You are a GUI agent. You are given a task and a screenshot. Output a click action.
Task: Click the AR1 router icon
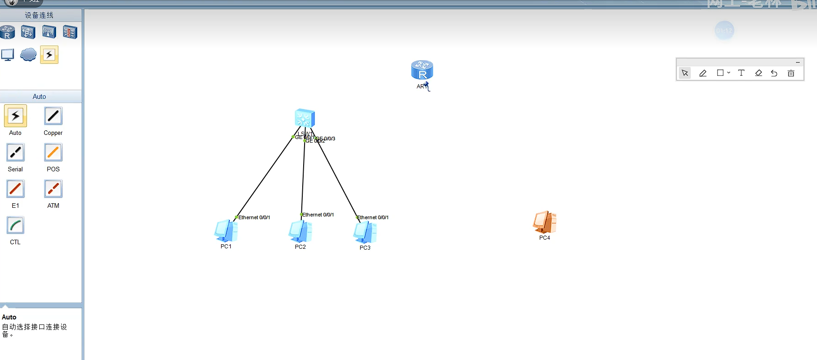pyautogui.click(x=422, y=70)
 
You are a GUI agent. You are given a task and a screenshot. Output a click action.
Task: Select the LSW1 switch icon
pyautogui.click(x=305, y=118)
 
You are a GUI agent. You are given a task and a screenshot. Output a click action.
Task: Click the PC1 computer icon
pyautogui.click(x=226, y=231)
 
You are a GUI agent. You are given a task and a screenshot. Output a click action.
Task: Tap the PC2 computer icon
pyautogui.click(x=300, y=231)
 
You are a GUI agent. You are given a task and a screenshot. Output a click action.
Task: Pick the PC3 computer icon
pyautogui.click(x=365, y=232)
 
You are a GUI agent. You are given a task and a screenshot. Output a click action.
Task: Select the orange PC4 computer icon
pyautogui.click(x=544, y=222)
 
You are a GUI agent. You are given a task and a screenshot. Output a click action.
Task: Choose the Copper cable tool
pyautogui.click(x=53, y=116)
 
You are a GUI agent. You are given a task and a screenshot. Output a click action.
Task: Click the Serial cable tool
pyautogui.click(x=16, y=153)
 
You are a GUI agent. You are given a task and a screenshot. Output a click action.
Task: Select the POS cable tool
pyautogui.click(x=53, y=153)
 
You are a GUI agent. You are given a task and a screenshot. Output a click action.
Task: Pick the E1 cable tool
pyautogui.click(x=16, y=189)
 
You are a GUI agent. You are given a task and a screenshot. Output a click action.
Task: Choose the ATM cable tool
pyautogui.click(x=53, y=189)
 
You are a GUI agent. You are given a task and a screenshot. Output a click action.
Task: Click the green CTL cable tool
pyautogui.click(x=16, y=226)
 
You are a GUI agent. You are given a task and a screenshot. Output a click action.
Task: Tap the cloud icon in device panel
pyautogui.click(x=28, y=55)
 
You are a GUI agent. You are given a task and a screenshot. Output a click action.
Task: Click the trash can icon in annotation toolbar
pyautogui.click(x=791, y=73)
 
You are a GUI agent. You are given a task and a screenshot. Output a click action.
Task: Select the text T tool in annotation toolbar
pyautogui.click(x=741, y=73)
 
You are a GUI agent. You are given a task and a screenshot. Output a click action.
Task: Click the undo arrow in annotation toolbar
pyautogui.click(x=774, y=73)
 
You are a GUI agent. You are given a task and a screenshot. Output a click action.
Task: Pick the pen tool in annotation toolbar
pyautogui.click(x=703, y=73)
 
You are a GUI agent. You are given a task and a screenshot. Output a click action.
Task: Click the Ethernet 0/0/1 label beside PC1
pyautogui.click(x=254, y=217)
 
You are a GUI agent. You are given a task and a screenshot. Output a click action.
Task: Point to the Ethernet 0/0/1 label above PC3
pyautogui.click(x=372, y=217)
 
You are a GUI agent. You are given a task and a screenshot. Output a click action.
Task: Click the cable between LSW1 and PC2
pyautogui.click(x=303, y=178)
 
